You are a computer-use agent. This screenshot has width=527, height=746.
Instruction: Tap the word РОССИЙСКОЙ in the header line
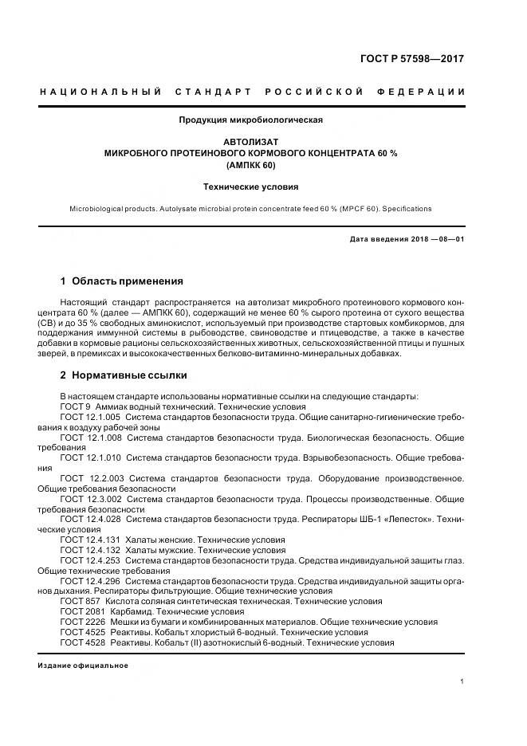pos(314,92)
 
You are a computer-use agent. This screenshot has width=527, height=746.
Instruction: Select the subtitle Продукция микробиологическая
pos(251,120)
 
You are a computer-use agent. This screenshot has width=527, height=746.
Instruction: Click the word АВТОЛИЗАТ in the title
pos(251,142)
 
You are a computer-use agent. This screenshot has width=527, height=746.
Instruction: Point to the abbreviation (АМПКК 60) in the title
pos(251,165)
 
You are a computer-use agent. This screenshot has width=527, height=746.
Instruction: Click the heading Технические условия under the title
pos(251,187)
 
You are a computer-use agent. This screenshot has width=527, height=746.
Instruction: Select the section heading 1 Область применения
pos(121,281)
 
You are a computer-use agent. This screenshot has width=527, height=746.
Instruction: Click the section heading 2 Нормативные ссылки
pos(124,375)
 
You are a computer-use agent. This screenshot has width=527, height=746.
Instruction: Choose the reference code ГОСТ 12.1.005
pos(90,417)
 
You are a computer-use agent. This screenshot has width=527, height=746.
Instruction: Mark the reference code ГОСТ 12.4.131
pos(90,540)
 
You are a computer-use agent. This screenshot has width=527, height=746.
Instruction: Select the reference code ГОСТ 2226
pos(83,622)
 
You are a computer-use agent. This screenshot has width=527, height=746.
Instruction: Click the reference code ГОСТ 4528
pos(83,642)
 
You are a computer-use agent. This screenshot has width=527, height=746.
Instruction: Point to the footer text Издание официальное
pos(83,666)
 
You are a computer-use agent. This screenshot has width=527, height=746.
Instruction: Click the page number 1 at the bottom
pos(462,682)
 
